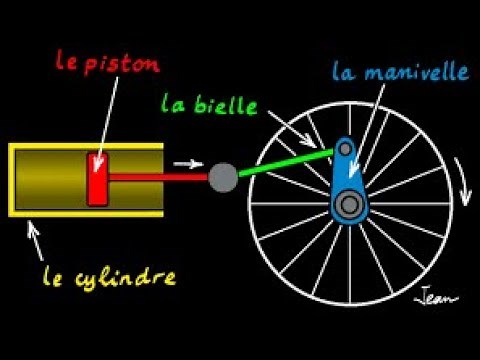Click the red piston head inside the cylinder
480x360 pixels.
98,179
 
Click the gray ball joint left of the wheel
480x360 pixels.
222,178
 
